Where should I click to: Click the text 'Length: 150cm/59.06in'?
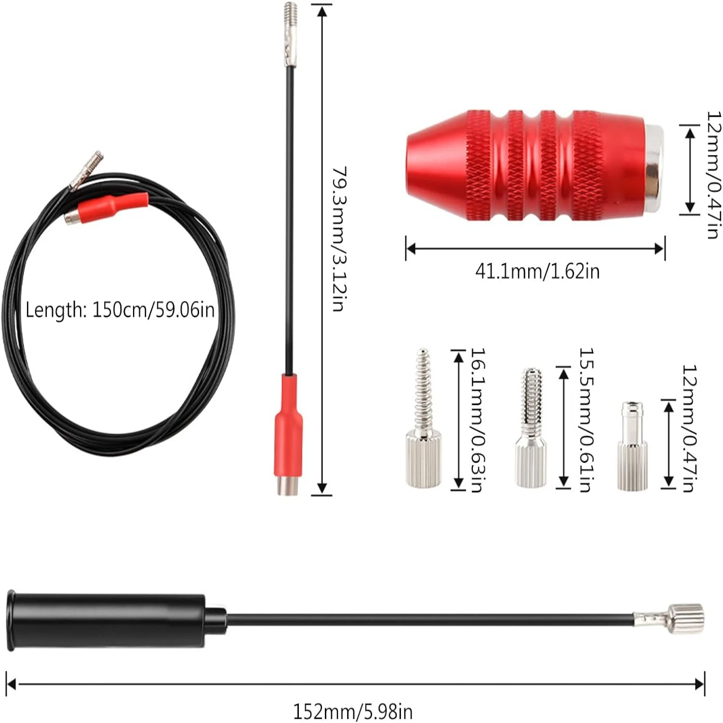[x=120, y=309]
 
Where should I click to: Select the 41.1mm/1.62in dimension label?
[x=537, y=271]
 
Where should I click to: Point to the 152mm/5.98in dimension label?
[x=353, y=711]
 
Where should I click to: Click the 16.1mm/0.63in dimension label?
[x=477, y=420]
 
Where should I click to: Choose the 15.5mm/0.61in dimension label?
[x=586, y=420]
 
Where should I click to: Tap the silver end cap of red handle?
[x=655, y=167]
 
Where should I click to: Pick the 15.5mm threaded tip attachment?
[x=531, y=428]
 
